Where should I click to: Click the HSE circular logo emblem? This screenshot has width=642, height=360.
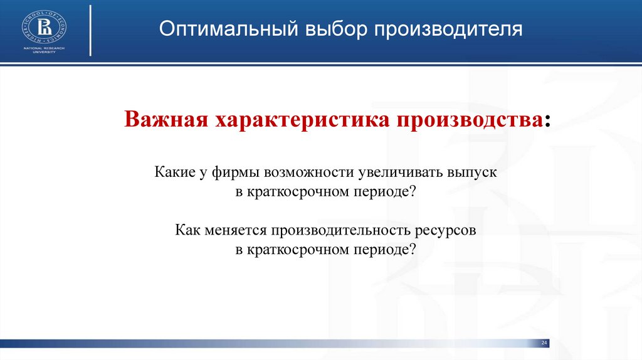tap(45, 27)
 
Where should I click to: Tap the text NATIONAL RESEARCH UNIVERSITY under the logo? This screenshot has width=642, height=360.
tap(45, 50)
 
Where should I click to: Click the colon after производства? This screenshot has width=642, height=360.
tap(549, 121)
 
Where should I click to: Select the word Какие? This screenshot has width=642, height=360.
tap(173, 172)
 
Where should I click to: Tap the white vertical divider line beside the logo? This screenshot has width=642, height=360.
tap(91, 30)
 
